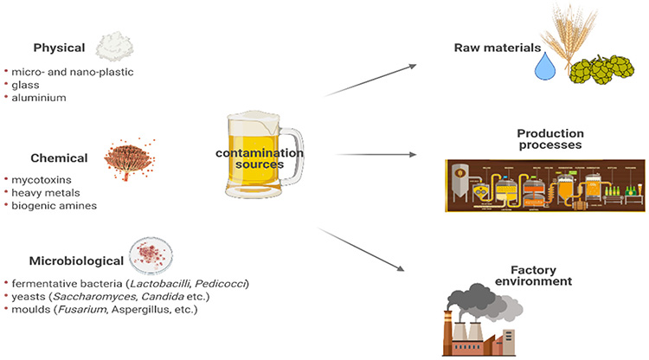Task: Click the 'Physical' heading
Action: coord(59,48)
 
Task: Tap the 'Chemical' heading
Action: coord(60,158)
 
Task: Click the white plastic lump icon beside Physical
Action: coord(112,45)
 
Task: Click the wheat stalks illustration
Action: coord(557,39)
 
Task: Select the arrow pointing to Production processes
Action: coord(382,155)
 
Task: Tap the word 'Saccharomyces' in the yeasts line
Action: coord(81,297)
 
